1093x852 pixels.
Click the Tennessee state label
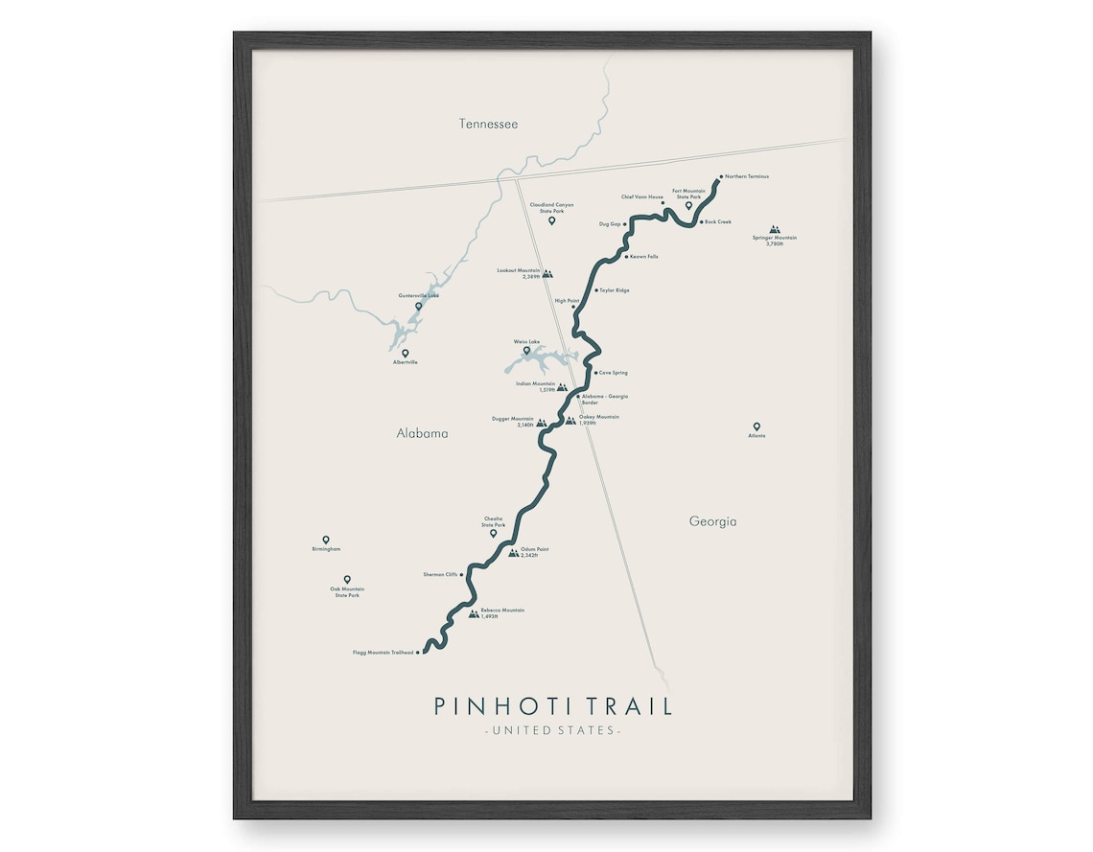pyautogui.click(x=488, y=124)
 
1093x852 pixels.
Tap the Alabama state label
pyautogui.click(x=422, y=433)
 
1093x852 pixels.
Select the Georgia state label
pyautogui.click(x=712, y=521)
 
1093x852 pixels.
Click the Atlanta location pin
pyautogui.click(x=756, y=426)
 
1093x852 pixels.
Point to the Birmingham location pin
pyautogui.click(x=326, y=540)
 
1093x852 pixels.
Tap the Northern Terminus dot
pyautogui.click(x=721, y=176)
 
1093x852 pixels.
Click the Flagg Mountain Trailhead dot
pyautogui.click(x=418, y=652)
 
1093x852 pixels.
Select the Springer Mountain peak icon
pyautogui.click(x=775, y=230)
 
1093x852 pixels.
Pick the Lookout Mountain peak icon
pyautogui.click(x=547, y=273)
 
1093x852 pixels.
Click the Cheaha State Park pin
pyautogui.click(x=494, y=533)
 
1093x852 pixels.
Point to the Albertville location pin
pyautogui.click(x=406, y=353)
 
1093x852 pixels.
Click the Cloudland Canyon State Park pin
pyautogui.click(x=551, y=220)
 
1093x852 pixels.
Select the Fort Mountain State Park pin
pyautogui.click(x=688, y=205)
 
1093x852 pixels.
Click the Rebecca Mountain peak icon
pyautogui.click(x=474, y=613)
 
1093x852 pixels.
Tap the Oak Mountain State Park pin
pyautogui.click(x=347, y=579)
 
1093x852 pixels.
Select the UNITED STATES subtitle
pyautogui.click(x=552, y=731)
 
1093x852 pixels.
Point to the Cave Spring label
pyautogui.click(x=614, y=373)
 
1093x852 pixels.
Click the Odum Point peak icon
pyautogui.click(x=513, y=552)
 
